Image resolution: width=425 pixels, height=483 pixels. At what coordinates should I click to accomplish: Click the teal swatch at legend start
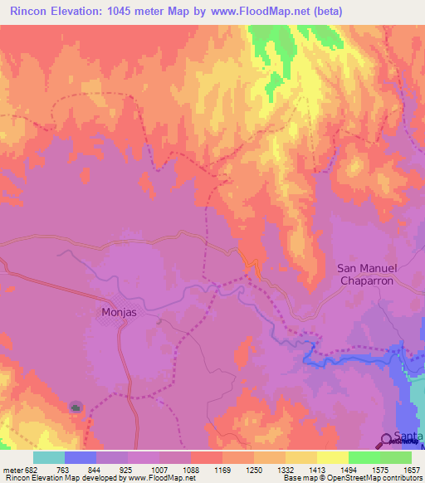pos(48,457)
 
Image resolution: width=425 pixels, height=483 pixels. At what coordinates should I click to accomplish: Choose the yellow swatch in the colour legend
pos(333,457)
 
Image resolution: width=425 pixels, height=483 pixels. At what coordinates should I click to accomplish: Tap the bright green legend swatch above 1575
pos(364,457)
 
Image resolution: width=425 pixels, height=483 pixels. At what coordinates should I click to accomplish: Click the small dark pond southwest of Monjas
pos(76,407)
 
